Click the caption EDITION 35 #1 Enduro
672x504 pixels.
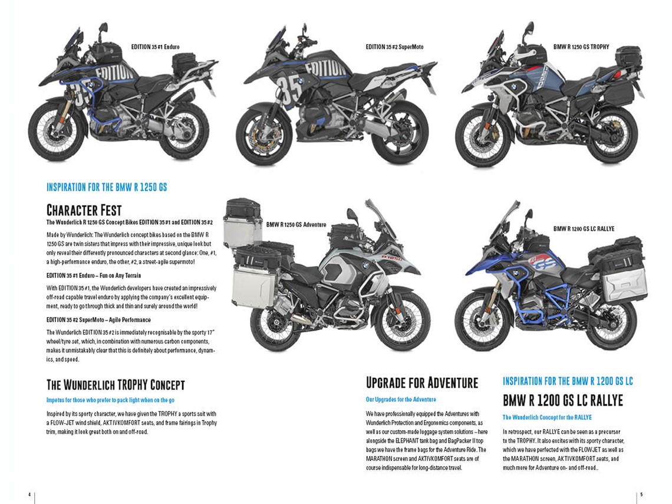(156, 46)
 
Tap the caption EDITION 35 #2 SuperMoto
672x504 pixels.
(394, 47)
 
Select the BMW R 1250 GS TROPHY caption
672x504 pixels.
(581, 46)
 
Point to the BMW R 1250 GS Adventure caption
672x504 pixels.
(296, 224)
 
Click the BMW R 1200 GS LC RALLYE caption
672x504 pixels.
(584, 228)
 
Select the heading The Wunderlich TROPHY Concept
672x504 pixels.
(116, 385)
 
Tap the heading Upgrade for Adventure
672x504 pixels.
(421, 382)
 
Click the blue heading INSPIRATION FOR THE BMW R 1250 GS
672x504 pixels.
(107, 187)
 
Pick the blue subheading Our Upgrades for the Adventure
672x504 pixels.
(401, 400)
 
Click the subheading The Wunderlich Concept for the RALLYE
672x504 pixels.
(547, 417)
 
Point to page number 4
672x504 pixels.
(29, 493)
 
